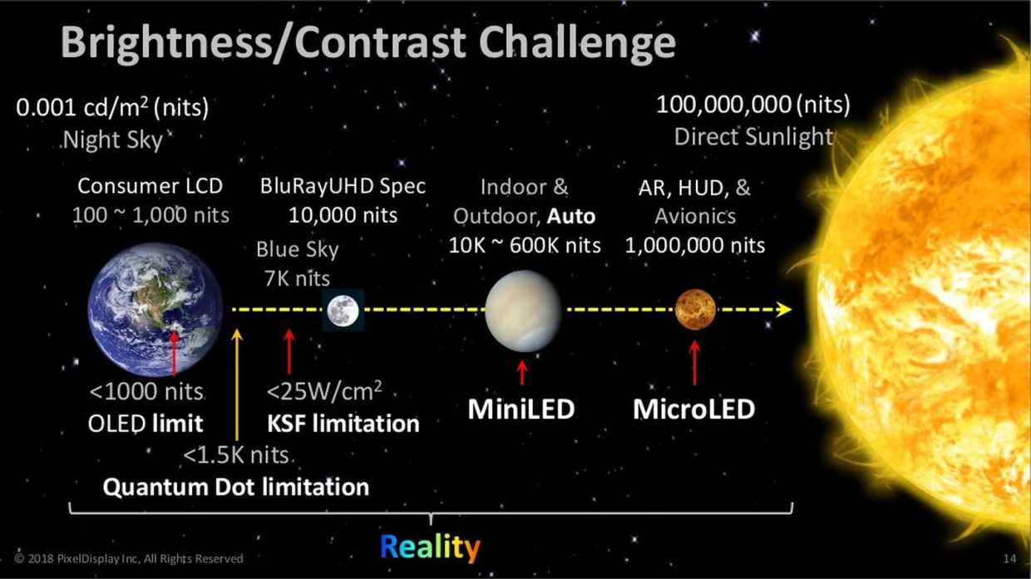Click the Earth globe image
point(155,310)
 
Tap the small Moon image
point(342,311)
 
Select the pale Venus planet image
point(523,310)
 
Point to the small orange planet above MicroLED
point(695,310)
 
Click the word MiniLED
point(521,410)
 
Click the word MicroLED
point(693,410)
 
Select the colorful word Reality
point(430,547)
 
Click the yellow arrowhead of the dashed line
point(783,310)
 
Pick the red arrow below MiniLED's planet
point(522,371)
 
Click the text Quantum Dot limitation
point(235,487)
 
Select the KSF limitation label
point(343,424)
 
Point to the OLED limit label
point(146,424)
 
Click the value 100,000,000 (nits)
point(753,105)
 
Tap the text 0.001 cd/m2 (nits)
point(112,108)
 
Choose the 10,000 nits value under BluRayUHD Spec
point(343,216)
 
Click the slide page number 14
point(1010,559)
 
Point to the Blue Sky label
point(297,249)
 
